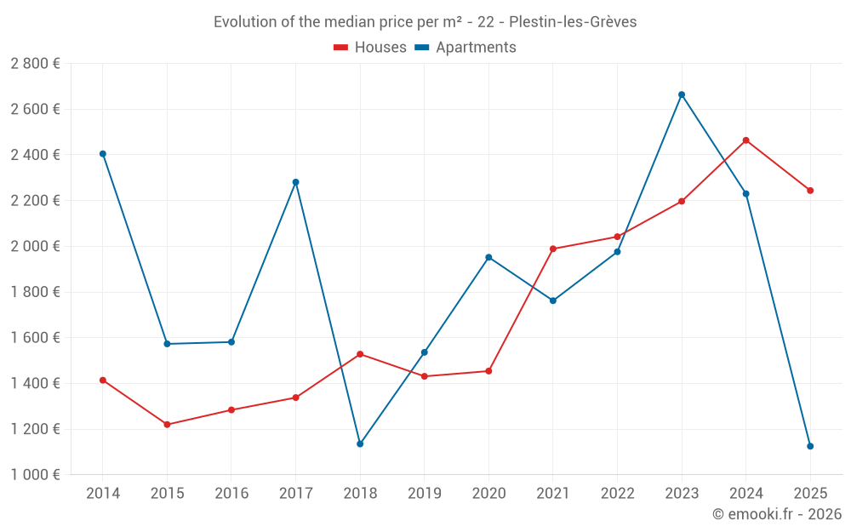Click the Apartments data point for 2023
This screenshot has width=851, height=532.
pos(682,94)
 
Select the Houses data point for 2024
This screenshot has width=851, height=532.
pos(746,140)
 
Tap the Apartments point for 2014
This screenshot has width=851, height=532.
pos(103,154)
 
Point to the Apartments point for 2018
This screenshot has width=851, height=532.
pos(360,443)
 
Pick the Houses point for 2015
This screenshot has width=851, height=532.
pos(167,424)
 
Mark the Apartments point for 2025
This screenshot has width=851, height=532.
pos(810,446)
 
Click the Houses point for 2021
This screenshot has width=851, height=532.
pos(553,249)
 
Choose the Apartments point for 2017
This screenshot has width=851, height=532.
pos(295,182)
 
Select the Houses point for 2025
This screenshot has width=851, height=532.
pos(810,191)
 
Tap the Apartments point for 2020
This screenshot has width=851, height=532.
pos(488,257)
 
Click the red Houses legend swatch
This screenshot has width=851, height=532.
pos(340,48)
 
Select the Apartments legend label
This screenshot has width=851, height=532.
pos(476,48)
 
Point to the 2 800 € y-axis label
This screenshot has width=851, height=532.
pos(35,64)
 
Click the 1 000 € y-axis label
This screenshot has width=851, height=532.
pos(35,475)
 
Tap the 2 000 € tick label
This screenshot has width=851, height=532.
pos(35,246)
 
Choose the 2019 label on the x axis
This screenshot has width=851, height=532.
pos(424,494)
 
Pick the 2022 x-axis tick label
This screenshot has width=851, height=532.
pos(617,494)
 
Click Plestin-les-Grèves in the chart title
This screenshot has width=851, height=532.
pos(573,22)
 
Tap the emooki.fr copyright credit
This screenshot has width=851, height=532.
pos(777,514)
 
